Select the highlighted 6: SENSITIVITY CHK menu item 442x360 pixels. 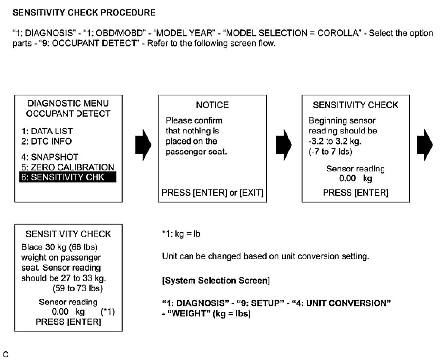(x=68, y=177)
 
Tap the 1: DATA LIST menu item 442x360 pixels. (x=46, y=131)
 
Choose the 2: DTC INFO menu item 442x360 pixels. (x=46, y=141)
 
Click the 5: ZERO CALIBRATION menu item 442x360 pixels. (x=67, y=167)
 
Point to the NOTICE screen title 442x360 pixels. (x=212, y=105)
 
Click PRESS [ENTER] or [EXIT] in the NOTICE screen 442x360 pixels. (x=212, y=193)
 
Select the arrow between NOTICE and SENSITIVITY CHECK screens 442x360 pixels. (x=284, y=144)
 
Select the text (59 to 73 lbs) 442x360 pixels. (x=68, y=288)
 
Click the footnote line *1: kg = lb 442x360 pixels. (x=181, y=234)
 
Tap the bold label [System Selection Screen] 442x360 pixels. (x=216, y=281)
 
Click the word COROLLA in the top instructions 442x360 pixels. (x=343, y=33)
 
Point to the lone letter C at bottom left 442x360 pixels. (x=5, y=354)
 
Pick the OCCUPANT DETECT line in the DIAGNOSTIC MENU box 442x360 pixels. (x=68, y=114)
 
